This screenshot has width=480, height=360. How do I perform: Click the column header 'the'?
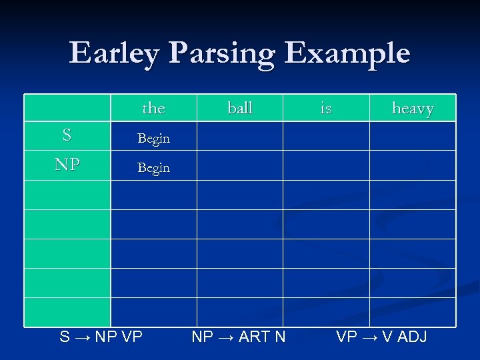coord(153,108)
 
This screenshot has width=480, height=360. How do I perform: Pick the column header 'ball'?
coord(240,108)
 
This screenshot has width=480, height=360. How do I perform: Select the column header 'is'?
coord(326,108)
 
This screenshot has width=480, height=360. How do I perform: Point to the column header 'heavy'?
coord(413,108)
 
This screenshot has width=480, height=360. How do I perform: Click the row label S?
coord(67,136)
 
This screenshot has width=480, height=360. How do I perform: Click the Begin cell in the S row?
coord(153,139)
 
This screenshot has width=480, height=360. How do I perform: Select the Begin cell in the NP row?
coord(153,168)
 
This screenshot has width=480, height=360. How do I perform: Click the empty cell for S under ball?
coord(240,136)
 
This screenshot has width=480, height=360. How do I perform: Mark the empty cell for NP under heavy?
coord(413,165)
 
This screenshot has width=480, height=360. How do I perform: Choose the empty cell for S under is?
coord(326,136)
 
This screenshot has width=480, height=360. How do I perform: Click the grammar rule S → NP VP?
coord(101,337)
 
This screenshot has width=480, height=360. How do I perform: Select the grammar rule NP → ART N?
coord(239,337)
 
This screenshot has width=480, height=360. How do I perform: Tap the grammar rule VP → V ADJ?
coord(381,337)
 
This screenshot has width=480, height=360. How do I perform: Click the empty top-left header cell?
coord(67,107)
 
